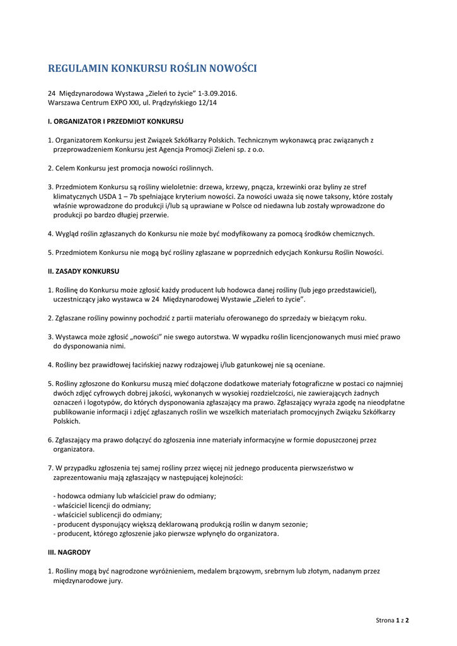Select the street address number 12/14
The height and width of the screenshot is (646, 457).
207,102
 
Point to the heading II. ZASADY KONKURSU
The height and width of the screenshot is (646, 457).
84,271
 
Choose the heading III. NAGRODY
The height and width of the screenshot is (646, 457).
69,552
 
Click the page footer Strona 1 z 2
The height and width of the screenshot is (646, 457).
392,620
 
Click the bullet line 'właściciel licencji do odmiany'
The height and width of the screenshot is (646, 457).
103,505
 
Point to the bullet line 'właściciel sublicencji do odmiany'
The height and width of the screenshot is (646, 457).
108,515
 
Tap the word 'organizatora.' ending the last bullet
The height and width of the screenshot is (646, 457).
258,534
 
